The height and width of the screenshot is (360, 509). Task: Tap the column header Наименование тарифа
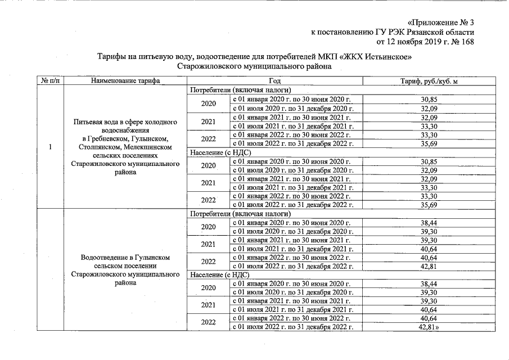[125, 81]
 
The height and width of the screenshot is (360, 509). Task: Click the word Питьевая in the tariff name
[87, 122]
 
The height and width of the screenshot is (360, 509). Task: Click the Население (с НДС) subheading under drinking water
[220, 152]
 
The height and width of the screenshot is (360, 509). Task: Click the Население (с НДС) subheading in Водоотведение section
[220, 275]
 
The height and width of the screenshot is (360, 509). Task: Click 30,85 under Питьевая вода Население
[429, 161]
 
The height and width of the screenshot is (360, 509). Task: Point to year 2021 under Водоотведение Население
[209, 305]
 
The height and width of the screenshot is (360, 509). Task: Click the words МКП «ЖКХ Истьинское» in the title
[369, 57]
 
